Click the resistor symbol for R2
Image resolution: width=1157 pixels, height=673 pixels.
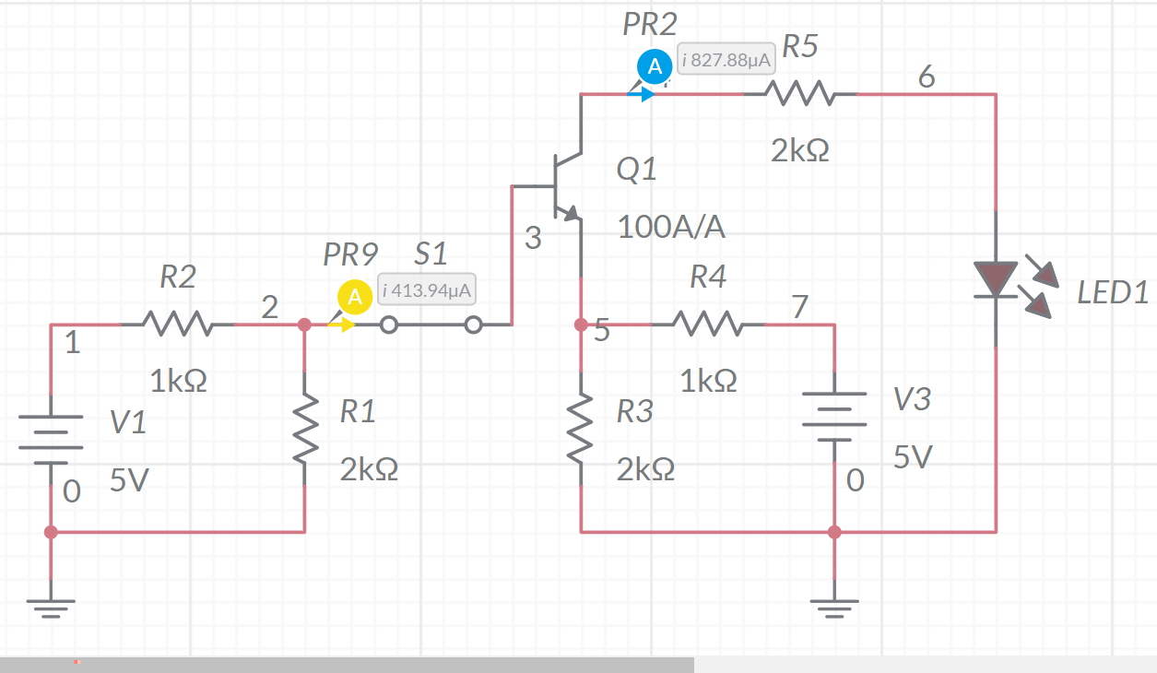pos(177,325)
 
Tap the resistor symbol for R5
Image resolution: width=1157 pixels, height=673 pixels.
pos(800,94)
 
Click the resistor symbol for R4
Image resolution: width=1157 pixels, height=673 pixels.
pos(708,325)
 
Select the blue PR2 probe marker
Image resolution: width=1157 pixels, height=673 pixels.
pos(655,67)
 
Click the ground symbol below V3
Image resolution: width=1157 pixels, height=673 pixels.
pos(834,607)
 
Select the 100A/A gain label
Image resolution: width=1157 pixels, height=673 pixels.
pos(671,227)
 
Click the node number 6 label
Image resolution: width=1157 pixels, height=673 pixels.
pos(927,77)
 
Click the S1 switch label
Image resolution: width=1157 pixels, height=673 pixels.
pos(431,254)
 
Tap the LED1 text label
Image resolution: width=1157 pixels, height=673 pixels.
pos(1113,293)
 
